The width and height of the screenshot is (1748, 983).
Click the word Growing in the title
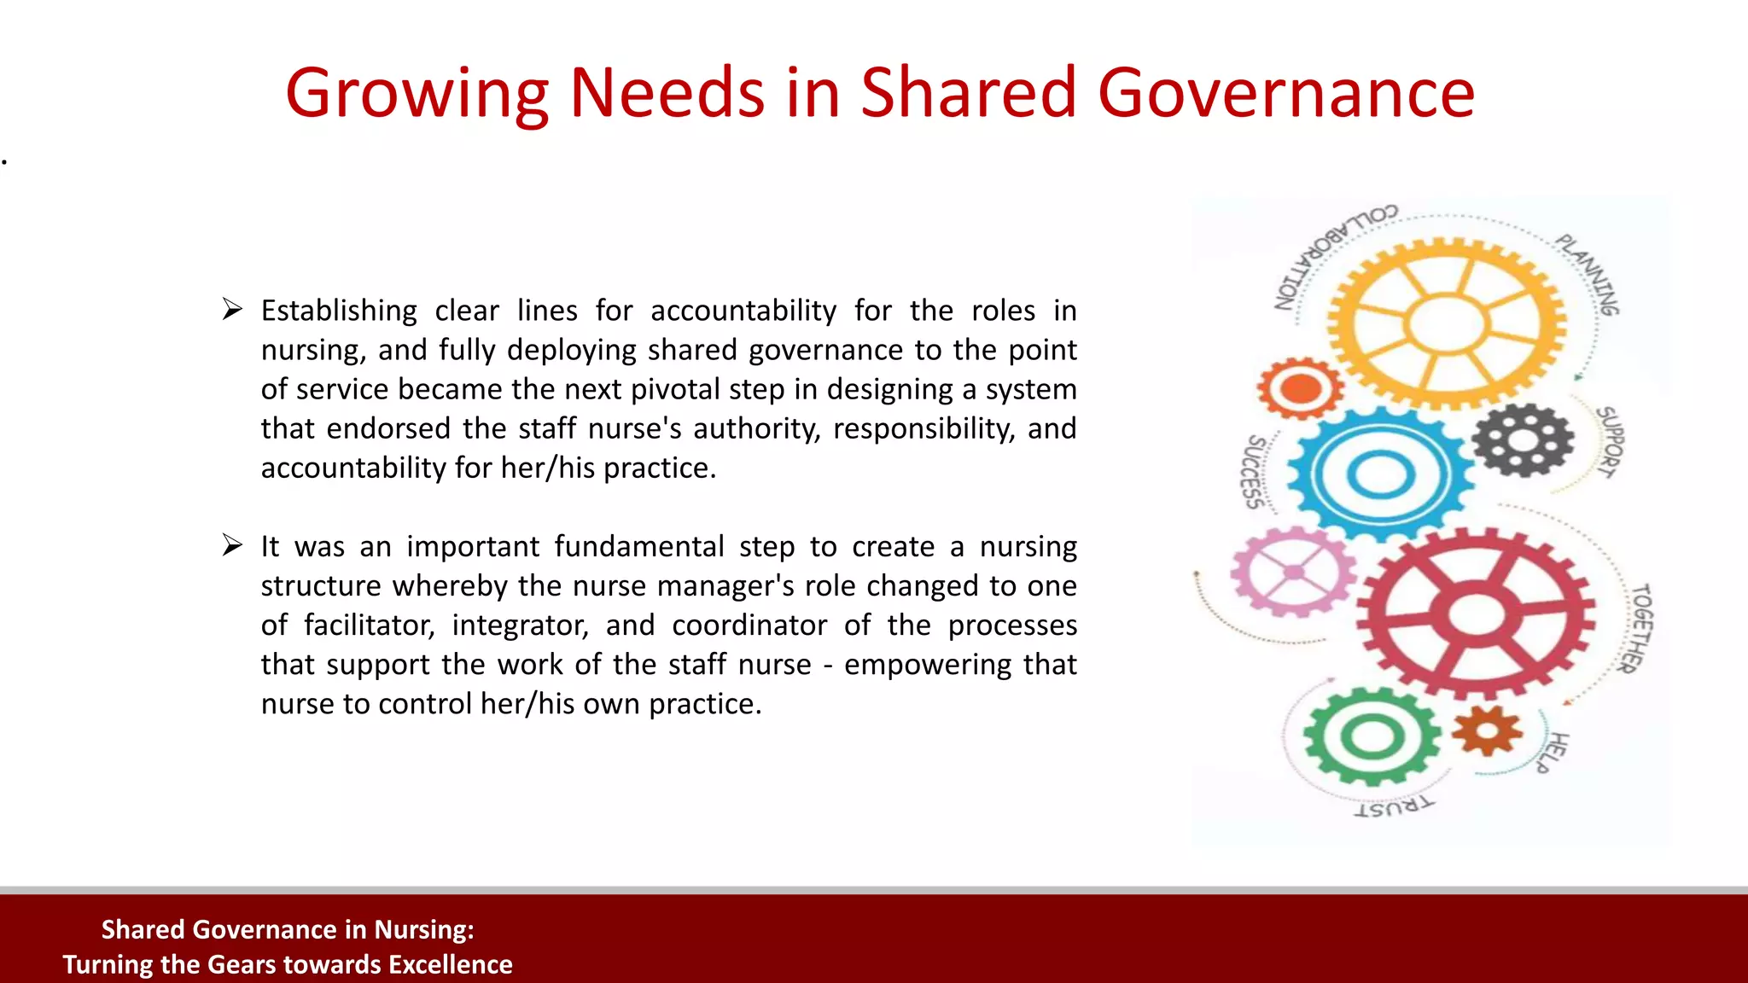417,94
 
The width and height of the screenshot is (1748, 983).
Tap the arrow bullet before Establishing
232,309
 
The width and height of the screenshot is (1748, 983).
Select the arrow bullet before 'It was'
232,544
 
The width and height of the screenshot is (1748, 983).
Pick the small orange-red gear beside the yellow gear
1299,388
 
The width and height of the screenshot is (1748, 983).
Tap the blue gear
1379,474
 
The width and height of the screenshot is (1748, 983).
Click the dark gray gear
1523,440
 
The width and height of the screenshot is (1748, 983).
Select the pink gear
1293,572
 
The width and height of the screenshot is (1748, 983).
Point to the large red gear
1475,614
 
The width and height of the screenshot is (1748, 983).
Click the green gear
1372,736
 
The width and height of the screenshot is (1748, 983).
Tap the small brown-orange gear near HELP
1487,730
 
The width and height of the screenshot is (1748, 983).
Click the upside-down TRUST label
1394,806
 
